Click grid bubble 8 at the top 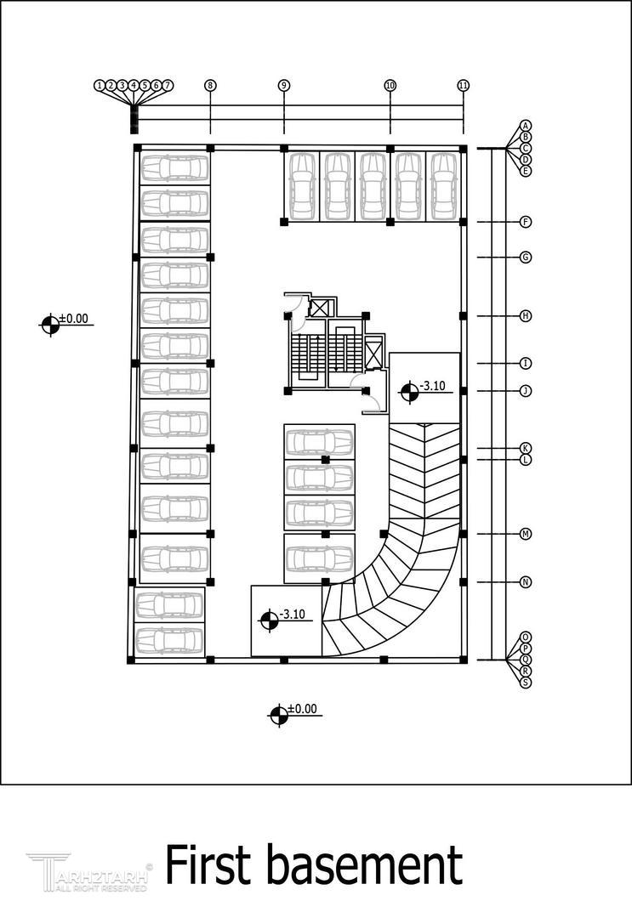tap(210, 85)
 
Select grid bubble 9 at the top tap(284, 85)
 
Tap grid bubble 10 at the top tap(390, 85)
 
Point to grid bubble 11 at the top tap(464, 85)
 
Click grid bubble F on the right tap(526, 222)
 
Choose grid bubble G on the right tap(526, 257)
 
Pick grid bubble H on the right tap(526, 316)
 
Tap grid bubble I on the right tap(526, 364)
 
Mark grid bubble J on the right tap(526, 391)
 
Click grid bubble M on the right tap(526, 534)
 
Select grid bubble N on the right tap(526, 582)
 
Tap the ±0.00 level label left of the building tap(72, 320)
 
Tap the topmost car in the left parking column tap(174, 167)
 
